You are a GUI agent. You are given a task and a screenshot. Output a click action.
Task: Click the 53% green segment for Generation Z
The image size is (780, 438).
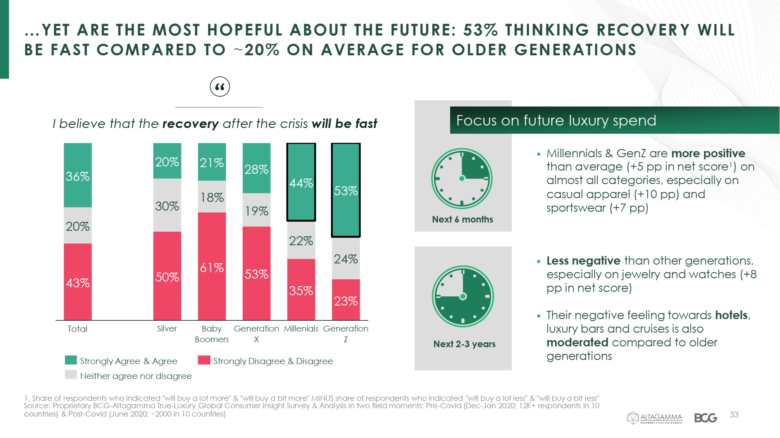pos(346,190)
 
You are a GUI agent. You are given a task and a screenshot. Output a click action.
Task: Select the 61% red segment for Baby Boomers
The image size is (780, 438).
pos(212,266)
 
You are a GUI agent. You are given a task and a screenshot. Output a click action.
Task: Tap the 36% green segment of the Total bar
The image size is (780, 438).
pos(78,175)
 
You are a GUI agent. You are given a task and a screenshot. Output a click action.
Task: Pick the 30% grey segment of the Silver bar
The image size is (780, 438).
pos(167,205)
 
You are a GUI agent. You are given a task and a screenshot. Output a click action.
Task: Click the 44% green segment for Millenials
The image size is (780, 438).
pos(301,182)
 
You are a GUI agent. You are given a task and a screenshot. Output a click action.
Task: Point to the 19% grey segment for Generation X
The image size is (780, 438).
pos(256,210)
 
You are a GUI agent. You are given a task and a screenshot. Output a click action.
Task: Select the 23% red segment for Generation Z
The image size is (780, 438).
pos(346,300)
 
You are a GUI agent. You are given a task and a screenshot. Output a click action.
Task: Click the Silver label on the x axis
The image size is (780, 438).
pos(167,329)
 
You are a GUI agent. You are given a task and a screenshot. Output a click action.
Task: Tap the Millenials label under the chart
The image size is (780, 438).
pos(301,329)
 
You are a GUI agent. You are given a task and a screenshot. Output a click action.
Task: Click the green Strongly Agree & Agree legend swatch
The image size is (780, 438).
pos(71,360)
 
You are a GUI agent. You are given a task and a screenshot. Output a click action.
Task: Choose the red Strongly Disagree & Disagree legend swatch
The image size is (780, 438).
pos(204,360)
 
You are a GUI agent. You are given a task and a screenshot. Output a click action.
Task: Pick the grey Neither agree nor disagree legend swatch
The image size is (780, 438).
pos(71,375)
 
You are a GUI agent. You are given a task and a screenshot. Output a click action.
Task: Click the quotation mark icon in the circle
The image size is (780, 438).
pos(220,87)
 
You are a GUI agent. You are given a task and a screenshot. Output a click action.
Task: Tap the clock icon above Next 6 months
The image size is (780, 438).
pos(462,178)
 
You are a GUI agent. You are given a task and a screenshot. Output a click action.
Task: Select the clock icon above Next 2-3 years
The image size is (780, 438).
pos(463,296)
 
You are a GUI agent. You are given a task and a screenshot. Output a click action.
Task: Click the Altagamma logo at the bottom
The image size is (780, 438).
pos(655,418)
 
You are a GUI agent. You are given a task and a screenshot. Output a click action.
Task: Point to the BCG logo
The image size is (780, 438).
pos(706,418)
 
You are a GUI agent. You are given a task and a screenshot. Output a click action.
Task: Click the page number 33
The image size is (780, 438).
pos(734,414)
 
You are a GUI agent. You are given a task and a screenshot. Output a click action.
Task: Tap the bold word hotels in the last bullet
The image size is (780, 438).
pos(731,315)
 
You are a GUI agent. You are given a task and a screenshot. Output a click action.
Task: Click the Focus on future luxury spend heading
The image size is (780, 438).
pos(556,121)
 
